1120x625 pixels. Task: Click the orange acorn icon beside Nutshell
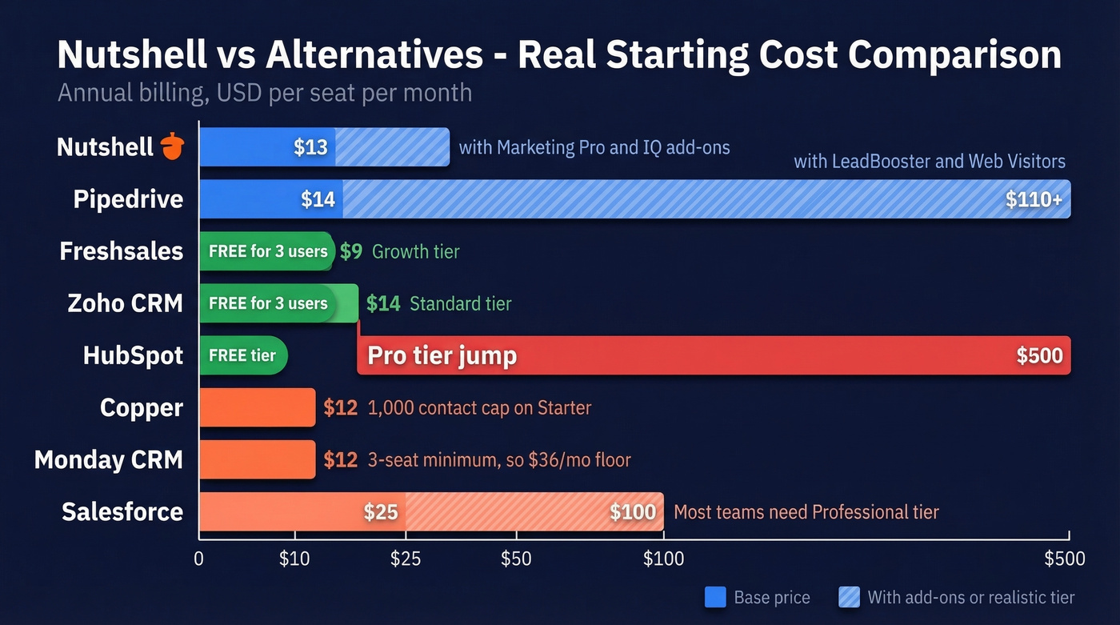[172, 146]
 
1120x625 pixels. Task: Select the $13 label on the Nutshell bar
[310, 147]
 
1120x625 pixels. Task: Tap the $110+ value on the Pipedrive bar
[1034, 199]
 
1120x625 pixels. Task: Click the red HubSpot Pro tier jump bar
[712, 355]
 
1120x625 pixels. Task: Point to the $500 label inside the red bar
[1039, 356]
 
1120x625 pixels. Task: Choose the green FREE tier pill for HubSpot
[242, 355]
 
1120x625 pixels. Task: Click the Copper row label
[142, 407]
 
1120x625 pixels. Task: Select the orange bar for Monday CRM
[257, 459]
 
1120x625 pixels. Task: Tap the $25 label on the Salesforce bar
[380, 511]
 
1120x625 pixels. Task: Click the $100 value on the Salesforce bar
[633, 511]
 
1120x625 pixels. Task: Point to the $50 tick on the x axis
[516, 559]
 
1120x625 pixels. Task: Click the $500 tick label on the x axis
[1065, 559]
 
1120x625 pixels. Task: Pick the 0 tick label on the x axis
[199, 559]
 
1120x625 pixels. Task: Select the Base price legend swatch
[715, 597]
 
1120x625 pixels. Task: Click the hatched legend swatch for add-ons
[849, 597]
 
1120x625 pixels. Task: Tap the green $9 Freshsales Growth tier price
[350, 251]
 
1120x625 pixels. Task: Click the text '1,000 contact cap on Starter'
[479, 407]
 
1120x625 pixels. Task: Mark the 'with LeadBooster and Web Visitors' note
[929, 162]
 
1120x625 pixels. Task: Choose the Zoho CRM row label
[126, 303]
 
